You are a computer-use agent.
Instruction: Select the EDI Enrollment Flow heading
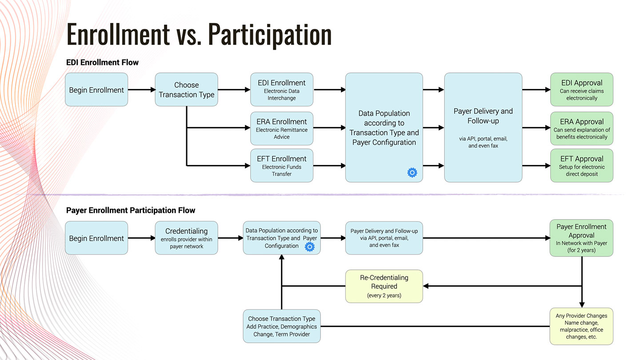pyautogui.click(x=102, y=62)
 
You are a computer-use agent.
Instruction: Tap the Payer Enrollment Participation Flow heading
pyautogui.click(x=131, y=210)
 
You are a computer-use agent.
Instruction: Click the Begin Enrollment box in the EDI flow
pyautogui.click(x=96, y=90)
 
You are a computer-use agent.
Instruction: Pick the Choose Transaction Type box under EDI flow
pyautogui.click(x=186, y=90)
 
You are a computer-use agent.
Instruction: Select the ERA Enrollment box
pyautogui.click(x=282, y=128)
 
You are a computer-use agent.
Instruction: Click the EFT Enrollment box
pyautogui.click(x=282, y=166)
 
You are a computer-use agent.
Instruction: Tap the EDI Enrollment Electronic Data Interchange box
pyautogui.click(x=282, y=90)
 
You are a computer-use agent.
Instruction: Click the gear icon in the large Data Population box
pyautogui.click(x=412, y=172)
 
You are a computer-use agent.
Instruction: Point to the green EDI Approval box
pyautogui.click(x=582, y=90)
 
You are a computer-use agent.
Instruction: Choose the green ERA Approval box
pyautogui.click(x=582, y=128)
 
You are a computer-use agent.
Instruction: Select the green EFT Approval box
pyautogui.click(x=582, y=166)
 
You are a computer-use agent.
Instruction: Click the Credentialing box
pyautogui.click(x=186, y=238)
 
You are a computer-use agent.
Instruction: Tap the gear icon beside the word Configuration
pyautogui.click(x=310, y=247)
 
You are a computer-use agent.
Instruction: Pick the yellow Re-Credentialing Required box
pyautogui.click(x=384, y=286)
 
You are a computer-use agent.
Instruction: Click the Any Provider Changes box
pyautogui.click(x=581, y=326)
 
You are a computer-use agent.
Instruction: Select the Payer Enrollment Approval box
pyautogui.click(x=581, y=238)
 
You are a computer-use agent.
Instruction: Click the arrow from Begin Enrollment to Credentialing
pyautogui.click(x=141, y=238)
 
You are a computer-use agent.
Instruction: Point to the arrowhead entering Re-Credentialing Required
pyautogui.click(x=426, y=286)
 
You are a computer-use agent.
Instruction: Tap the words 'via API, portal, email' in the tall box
pyautogui.click(x=483, y=139)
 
